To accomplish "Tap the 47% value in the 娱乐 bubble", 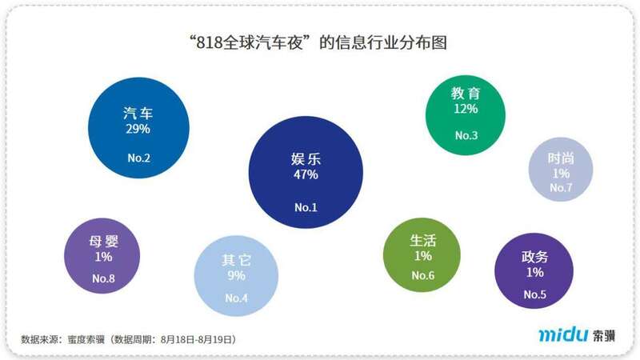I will [x=306, y=174].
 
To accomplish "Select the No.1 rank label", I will [x=306, y=207].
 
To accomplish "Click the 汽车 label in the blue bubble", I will [x=138, y=113].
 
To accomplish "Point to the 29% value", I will [x=138, y=128].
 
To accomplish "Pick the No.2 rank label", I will [x=138, y=158].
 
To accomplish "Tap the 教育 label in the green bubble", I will [x=466, y=94].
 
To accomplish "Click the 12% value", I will [x=466, y=108].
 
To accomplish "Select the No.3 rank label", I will [x=466, y=135].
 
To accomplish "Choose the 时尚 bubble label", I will [x=561, y=158].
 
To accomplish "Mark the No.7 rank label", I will [x=562, y=188].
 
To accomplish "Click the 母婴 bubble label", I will [x=103, y=242].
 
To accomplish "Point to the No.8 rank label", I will [x=103, y=278].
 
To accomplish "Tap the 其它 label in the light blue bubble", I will [x=237, y=261].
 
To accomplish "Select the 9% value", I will [x=237, y=276].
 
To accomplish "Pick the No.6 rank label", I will [x=423, y=276].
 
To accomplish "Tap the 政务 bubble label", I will [x=534, y=258].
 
